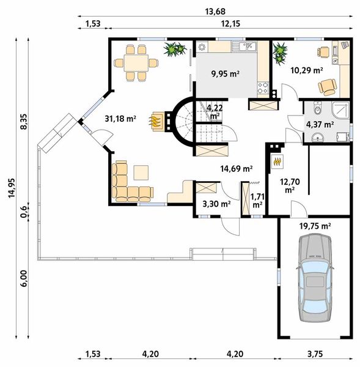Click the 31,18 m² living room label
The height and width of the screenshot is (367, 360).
(120, 119)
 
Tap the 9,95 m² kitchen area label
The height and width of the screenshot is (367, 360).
(226, 74)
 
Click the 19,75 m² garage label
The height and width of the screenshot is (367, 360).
(315, 226)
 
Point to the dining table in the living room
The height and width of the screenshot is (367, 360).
(136, 63)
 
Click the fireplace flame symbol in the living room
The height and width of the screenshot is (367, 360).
(155, 121)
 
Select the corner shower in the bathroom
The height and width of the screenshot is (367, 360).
(340, 110)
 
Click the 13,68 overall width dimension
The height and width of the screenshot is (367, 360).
(215, 11)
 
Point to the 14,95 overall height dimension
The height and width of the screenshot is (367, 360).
(12, 188)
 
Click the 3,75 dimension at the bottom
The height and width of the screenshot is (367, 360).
(315, 354)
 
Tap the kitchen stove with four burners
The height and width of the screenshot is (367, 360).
(263, 88)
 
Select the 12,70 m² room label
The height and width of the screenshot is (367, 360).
(290, 185)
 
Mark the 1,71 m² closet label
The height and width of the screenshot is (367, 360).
(257, 201)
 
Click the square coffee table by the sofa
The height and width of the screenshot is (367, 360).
(141, 172)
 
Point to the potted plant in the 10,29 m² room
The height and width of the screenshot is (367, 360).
(280, 54)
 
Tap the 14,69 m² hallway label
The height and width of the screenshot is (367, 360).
(237, 168)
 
